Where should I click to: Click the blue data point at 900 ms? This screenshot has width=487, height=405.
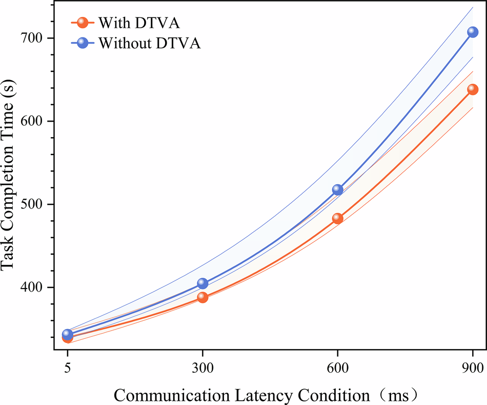click(x=472, y=32)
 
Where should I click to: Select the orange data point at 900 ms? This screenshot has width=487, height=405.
click(x=472, y=89)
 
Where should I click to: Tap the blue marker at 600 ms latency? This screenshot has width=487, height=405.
click(x=337, y=189)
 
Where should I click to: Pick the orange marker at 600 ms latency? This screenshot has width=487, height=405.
click(x=337, y=218)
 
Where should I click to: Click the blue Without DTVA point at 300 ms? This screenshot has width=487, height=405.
click(x=202, y=283)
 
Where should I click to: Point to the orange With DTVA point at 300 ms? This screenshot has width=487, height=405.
click(x=202, y=297)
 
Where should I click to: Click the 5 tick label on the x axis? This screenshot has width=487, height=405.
click(x=67, y=369)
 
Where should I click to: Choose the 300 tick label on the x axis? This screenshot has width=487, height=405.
click(x=202, y=369)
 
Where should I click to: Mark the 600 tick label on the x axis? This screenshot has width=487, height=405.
click(x=337, y=369)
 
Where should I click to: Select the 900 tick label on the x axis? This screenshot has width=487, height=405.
click(x=472, y=369)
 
